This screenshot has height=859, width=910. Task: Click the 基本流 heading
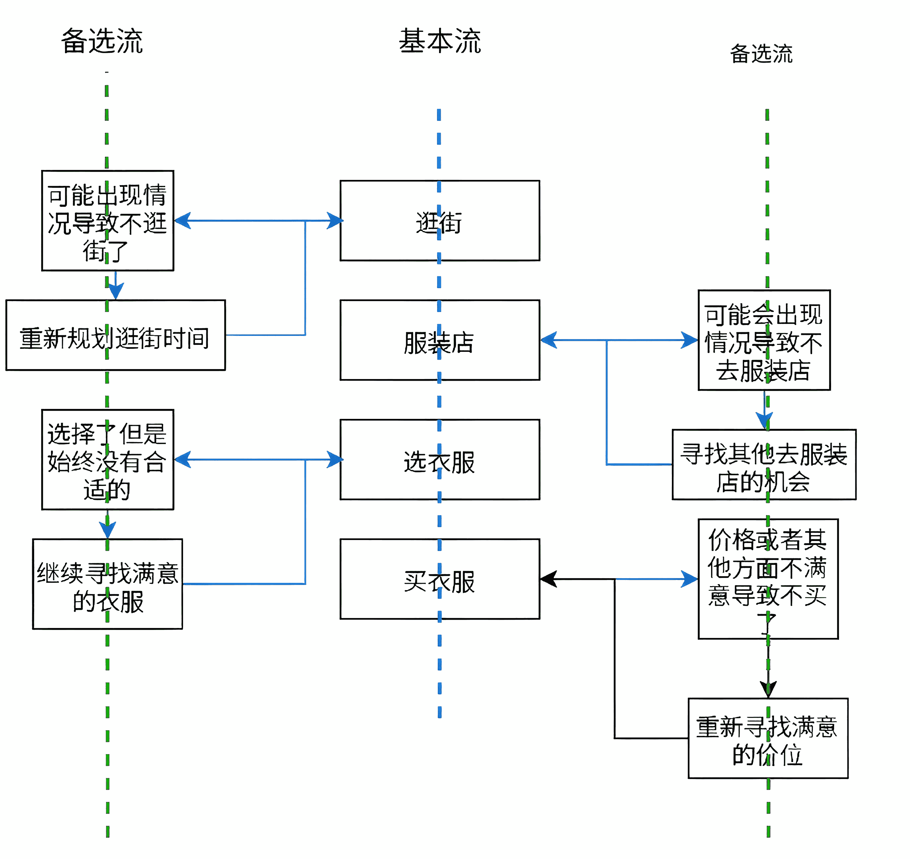click(x=439, y=41)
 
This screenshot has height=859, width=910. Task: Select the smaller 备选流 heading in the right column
click(x=761, y=54)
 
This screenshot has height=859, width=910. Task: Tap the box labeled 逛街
click(x=439, y=221)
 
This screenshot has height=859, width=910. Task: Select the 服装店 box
click(x=439, y=341)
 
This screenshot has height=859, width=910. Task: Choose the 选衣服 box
click(x=439, y=460)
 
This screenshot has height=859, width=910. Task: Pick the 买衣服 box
click(x=439, y=580)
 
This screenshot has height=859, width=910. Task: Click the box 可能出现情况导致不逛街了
click(x=107, y=221)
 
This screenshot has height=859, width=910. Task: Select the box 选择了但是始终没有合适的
click(x=107, y=460)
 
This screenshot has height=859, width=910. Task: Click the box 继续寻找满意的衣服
click(x=107, y=585)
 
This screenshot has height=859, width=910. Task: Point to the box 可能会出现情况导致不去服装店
click(x=764, y=341)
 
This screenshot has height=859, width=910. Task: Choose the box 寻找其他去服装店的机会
click(x=764, y=465)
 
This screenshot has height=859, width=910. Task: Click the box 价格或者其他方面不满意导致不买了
click(x=768, y=580)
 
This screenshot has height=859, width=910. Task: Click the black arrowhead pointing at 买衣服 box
click(x=548, y=580)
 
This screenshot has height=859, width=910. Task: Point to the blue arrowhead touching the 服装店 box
click(x=549, y=341)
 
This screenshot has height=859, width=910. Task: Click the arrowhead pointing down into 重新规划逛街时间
click(x=116, y=291)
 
